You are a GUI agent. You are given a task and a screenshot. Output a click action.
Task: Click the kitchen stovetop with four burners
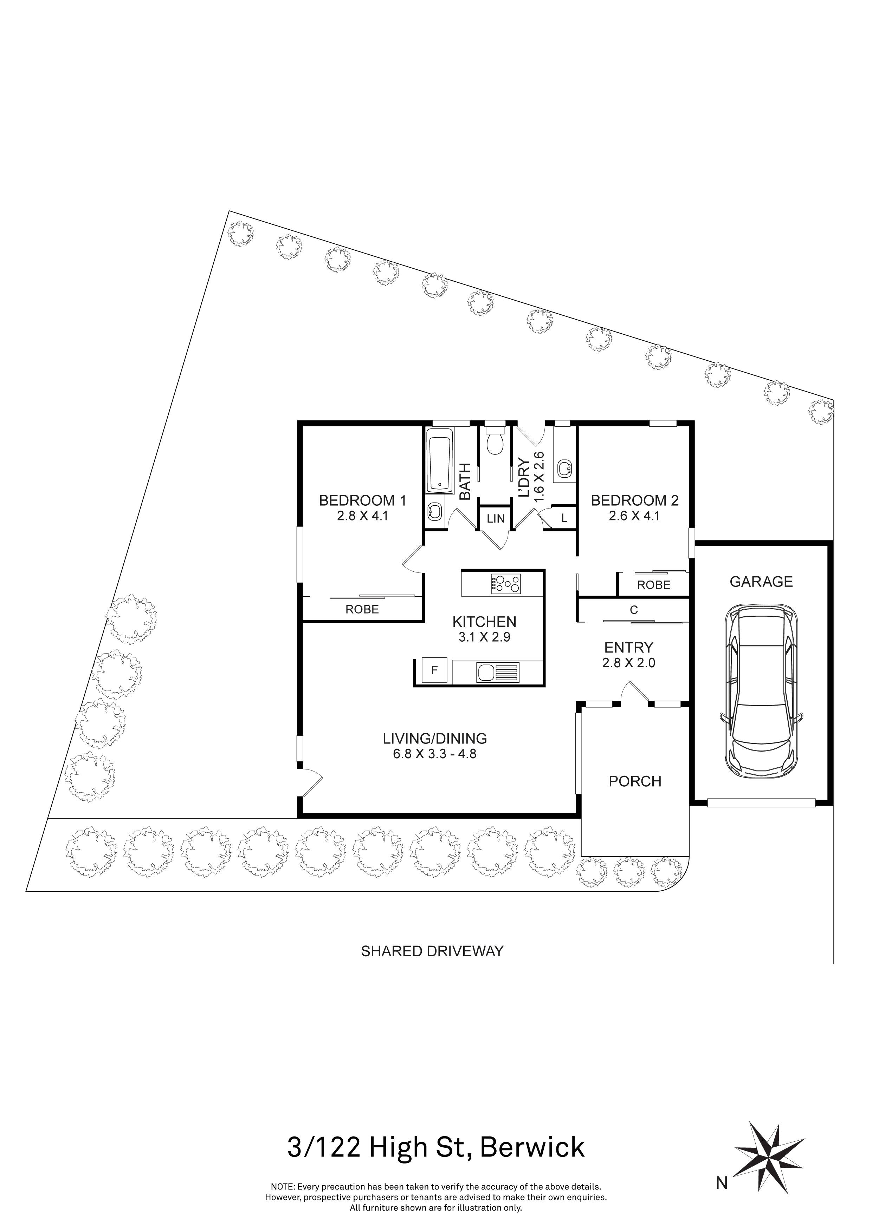click(x=506, y=583)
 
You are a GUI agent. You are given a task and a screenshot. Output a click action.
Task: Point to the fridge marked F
click(x=434, y=670)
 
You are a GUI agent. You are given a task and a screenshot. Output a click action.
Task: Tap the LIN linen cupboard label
click(x=496, y=518)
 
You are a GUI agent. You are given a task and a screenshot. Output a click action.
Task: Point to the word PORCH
click(x=635, y=781)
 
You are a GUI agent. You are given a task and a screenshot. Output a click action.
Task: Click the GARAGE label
click(x=761, y=581)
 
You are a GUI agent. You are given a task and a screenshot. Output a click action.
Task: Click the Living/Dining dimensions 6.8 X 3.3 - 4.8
click(x=434, y=754)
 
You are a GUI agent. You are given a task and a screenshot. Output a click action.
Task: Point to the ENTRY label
click(x=629, y=647)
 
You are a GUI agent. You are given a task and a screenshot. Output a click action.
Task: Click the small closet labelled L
click(x=564, y=519)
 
